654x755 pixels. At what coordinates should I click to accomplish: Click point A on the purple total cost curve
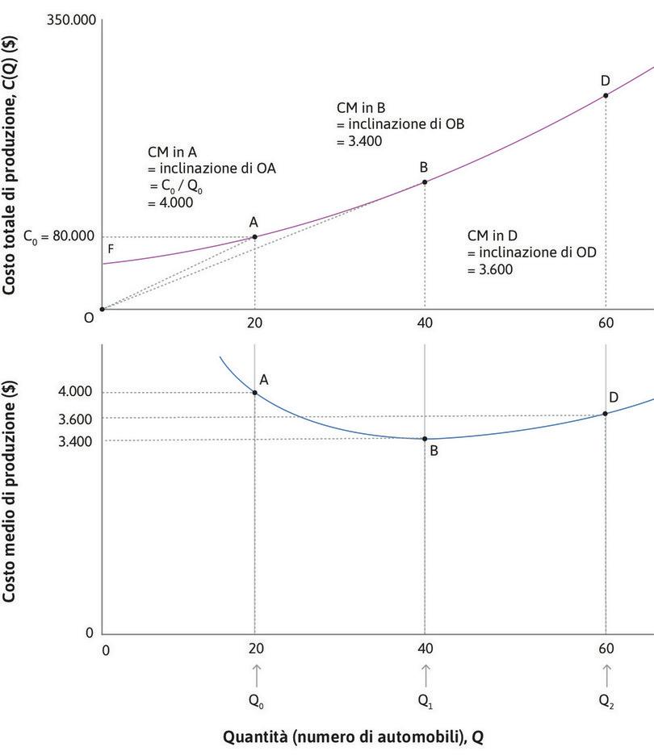click(255, 236)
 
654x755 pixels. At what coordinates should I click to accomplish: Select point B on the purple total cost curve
click(425, 182)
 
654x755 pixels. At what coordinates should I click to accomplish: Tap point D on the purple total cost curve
click(606, 95)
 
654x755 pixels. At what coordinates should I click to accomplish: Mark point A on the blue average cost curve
click(255, 393)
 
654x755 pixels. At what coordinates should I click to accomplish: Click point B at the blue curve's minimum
click(425, 439)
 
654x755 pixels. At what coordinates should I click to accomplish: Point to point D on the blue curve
click(606, 414)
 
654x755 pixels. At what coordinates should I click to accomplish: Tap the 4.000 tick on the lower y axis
click(75, 393)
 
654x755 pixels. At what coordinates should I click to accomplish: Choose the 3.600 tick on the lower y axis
click(75, 419)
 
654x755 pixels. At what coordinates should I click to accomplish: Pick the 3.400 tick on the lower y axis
click(75, 440)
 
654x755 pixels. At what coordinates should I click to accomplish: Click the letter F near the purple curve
click(111, 249)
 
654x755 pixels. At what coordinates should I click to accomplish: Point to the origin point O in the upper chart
click(102, 309)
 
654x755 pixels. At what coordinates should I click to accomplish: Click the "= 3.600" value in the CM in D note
click(490, 270)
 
